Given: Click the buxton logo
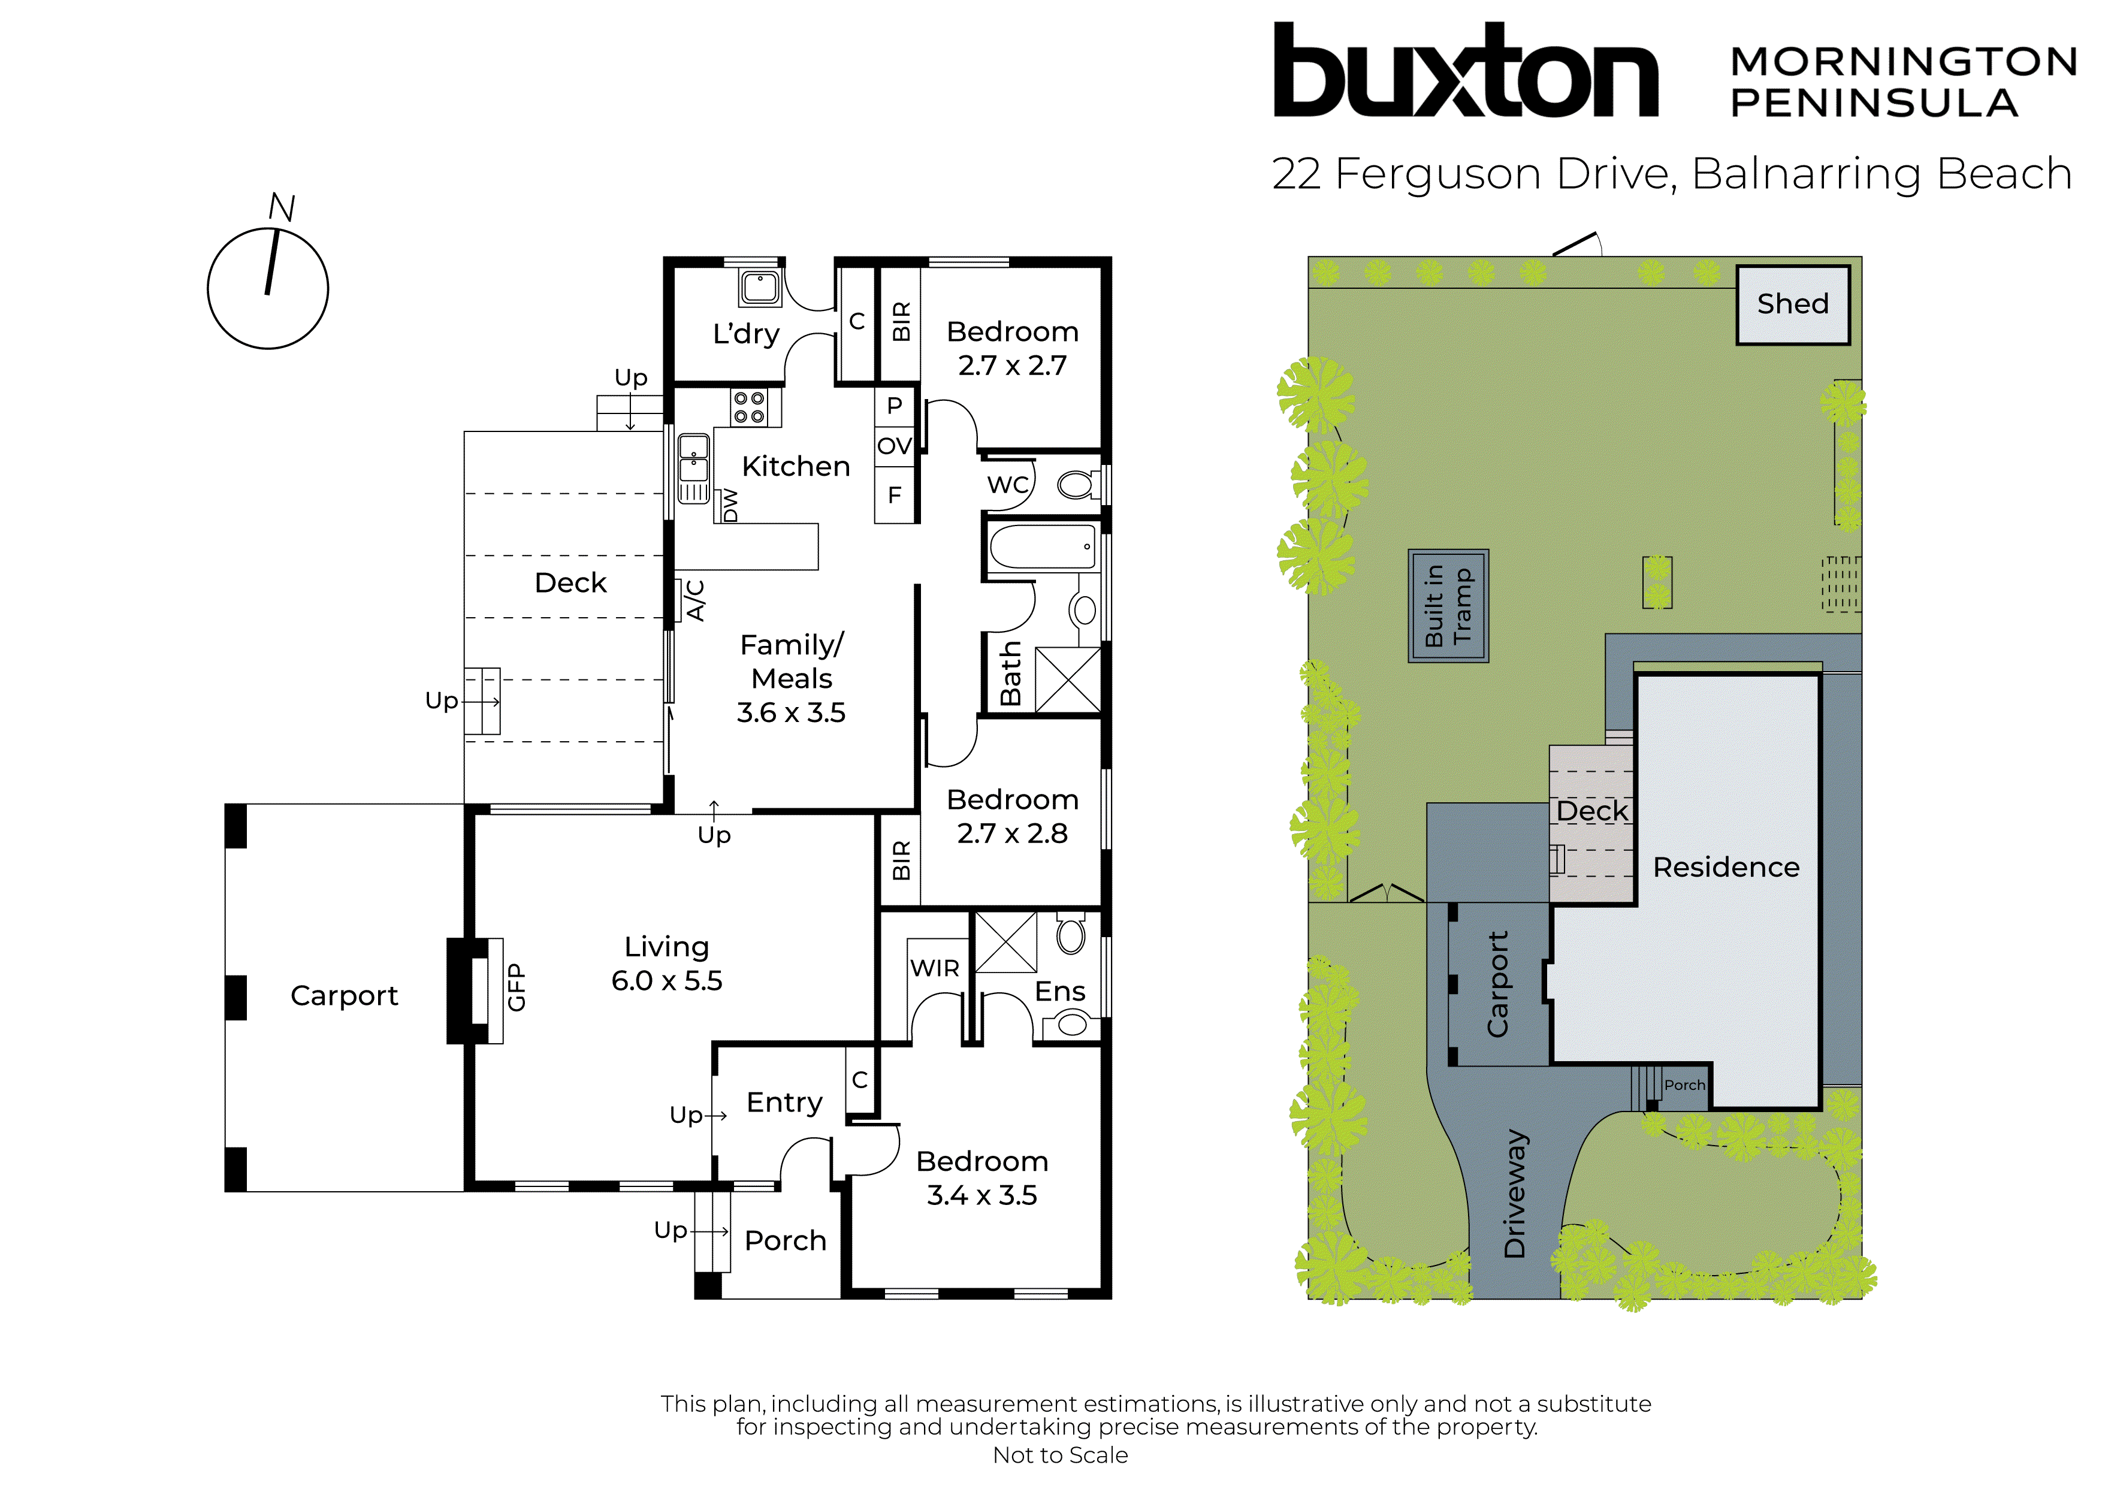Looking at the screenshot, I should coord(1465,71).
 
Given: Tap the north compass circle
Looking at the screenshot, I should coord(267,288).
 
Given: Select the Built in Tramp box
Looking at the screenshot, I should coord(1448,605).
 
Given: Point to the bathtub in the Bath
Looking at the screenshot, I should coord(1043,548).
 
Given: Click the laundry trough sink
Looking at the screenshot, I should coord(760,288).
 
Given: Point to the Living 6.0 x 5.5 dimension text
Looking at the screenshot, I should coord(666,981).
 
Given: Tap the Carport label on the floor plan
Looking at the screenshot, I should coord(344,995).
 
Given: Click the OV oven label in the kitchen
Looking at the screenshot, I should coord(895,446).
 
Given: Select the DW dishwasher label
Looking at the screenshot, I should coord(730,505).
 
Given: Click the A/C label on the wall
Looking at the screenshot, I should coord(696,600).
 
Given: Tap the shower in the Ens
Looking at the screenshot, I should coord(1005,942).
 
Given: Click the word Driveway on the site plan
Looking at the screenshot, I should coord(1515,1194).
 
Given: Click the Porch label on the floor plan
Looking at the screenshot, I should coord(784,1240).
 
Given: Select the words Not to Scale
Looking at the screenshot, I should coord(1060,1455).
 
